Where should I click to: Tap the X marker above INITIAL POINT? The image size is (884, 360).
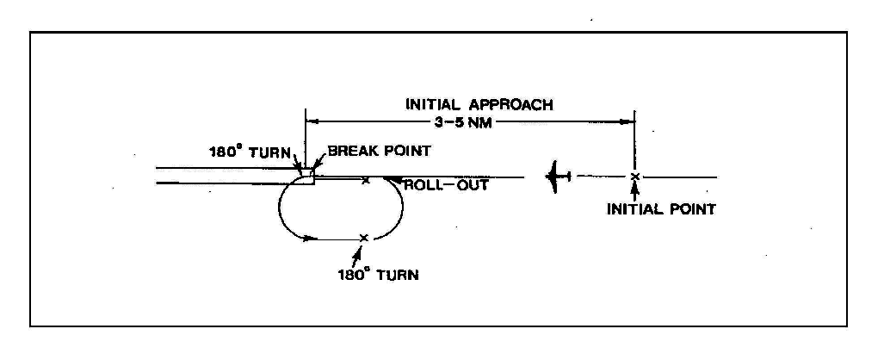coord(634,177)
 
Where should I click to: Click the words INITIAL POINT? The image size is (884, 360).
coord(661,208)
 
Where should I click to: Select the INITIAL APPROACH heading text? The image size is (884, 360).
coord(479,105)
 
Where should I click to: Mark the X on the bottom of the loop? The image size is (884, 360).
coord(364,237)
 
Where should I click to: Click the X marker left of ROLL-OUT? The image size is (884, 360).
coord(366,180)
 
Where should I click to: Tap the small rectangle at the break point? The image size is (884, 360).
coord(307,177)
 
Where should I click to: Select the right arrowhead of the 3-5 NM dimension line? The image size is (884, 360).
coord(628,121)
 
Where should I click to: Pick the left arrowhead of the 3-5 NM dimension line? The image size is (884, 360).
coord(313,121)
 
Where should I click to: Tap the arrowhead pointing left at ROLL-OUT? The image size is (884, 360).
coord(390,180)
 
